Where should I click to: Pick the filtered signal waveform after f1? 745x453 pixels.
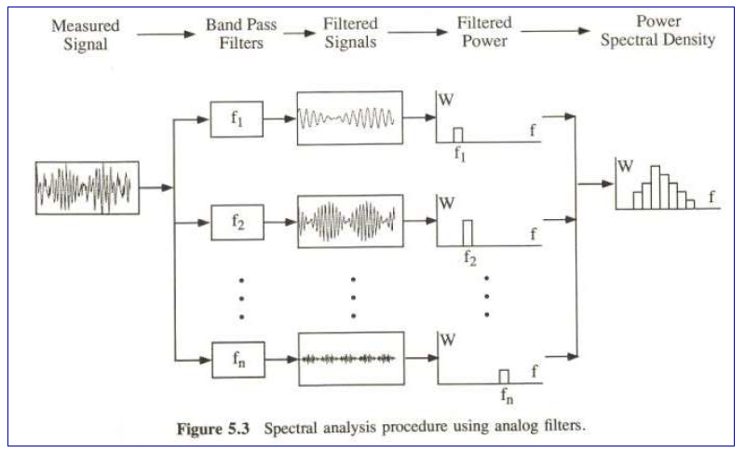349,118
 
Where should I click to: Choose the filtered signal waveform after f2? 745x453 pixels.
349,221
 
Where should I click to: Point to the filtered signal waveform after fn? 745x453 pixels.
349,358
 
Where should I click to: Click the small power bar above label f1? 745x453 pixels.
457,134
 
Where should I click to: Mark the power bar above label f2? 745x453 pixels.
467,230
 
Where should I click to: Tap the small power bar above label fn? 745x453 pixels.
504,376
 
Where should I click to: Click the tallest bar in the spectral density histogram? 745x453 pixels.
655,186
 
